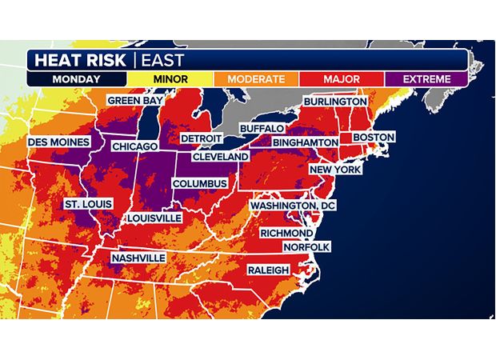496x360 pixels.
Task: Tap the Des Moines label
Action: pyautogui.click(x=59, y=142)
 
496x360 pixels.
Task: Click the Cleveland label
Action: pyautogui.click(x=220, y=157)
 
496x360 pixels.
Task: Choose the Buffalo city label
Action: pyautogui.click(x=262, y=128)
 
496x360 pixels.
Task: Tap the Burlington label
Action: pyautogui.click(x=334, y=102)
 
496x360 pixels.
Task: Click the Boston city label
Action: pyautogui.click(x=374, y=137)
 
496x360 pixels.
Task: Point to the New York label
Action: pyautogui.click(x=335, y=170)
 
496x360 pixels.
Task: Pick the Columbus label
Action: pyautogui.click(x=201, y=183)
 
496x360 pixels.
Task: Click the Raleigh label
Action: pyautogui.click(x=267, y=270)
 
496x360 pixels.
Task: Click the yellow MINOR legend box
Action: pyautogui.click(x=170, y=79)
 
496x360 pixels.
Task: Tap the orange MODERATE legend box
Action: pyautogui.click(x=255, y=79)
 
